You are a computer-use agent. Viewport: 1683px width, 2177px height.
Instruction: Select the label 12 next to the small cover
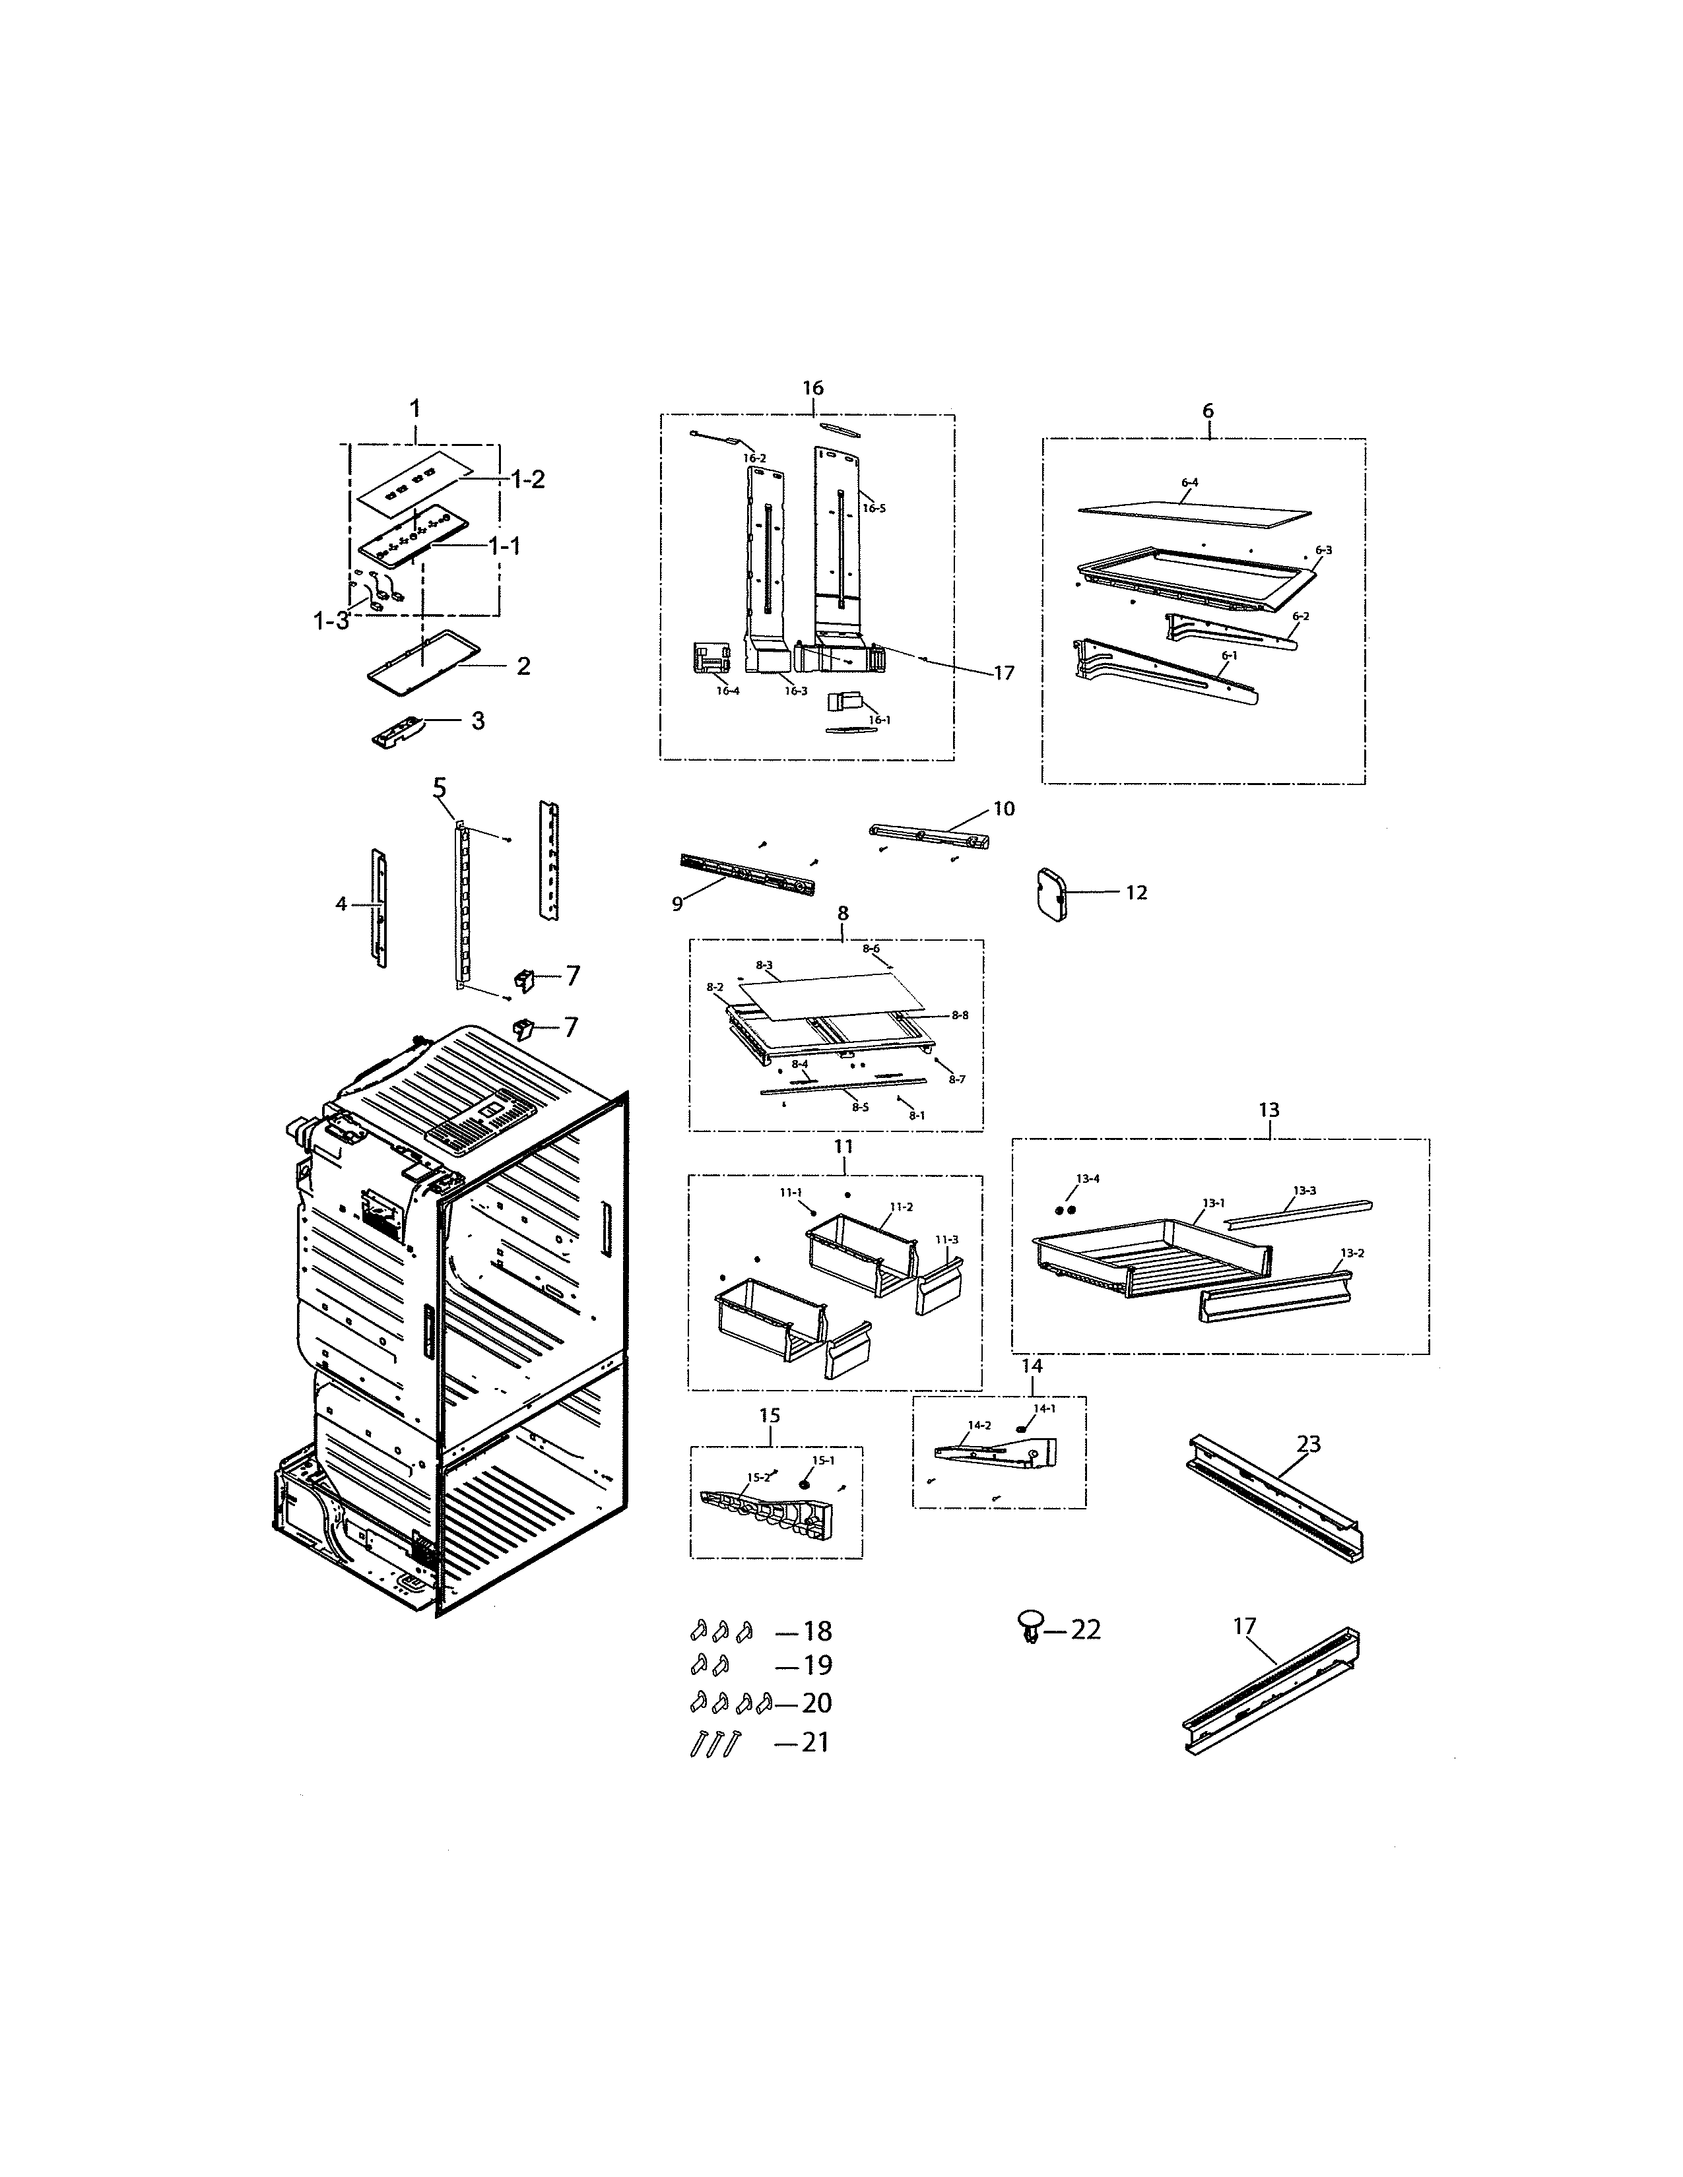tap(1137, 892)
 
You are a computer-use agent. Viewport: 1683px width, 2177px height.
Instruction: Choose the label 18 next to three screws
tap(816, 1631)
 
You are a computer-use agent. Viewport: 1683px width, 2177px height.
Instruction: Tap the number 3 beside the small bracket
tap(478, 720)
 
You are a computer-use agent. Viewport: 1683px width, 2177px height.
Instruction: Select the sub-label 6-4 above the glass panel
tap(1189, 482)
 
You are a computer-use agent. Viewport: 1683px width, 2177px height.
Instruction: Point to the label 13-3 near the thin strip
tap(1304, 1190)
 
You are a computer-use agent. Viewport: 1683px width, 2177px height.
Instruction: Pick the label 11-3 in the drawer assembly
tap(946, 1239)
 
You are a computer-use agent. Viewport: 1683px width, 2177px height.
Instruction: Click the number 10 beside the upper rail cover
tap(1003, 808)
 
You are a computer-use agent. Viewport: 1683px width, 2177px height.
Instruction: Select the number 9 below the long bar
tap(678, 903)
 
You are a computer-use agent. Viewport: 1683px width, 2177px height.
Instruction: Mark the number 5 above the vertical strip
tap(440, 788)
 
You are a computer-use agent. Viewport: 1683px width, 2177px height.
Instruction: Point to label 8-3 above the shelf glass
tap(765, 965)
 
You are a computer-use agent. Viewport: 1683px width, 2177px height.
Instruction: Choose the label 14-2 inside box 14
tap(980, 1426)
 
